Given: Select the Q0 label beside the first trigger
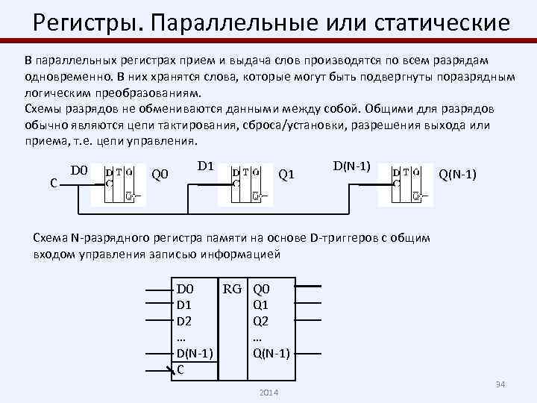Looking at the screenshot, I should pyautogui.click(x=160, y=175).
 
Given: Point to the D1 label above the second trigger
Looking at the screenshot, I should pyautogui.click(x=206, y=165).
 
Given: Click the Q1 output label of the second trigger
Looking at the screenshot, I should pyautogui.click(x=286, y=175).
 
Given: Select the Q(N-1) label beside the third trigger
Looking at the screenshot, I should pyautogui.click(x=458, y=175).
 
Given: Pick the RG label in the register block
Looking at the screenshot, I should pyautogui.click(x=233, y=289).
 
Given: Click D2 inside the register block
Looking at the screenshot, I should pyautogui.click(x=184, y=321).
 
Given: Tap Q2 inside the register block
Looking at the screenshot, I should pyautogui.click(x=261, y=321).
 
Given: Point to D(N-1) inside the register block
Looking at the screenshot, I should pyautogui.click(x=195, y=352).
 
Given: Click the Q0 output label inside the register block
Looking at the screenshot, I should pyautogui.click(x=262, y=289).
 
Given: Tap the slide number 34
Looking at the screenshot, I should pyautogui.click(x=500, y=384).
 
